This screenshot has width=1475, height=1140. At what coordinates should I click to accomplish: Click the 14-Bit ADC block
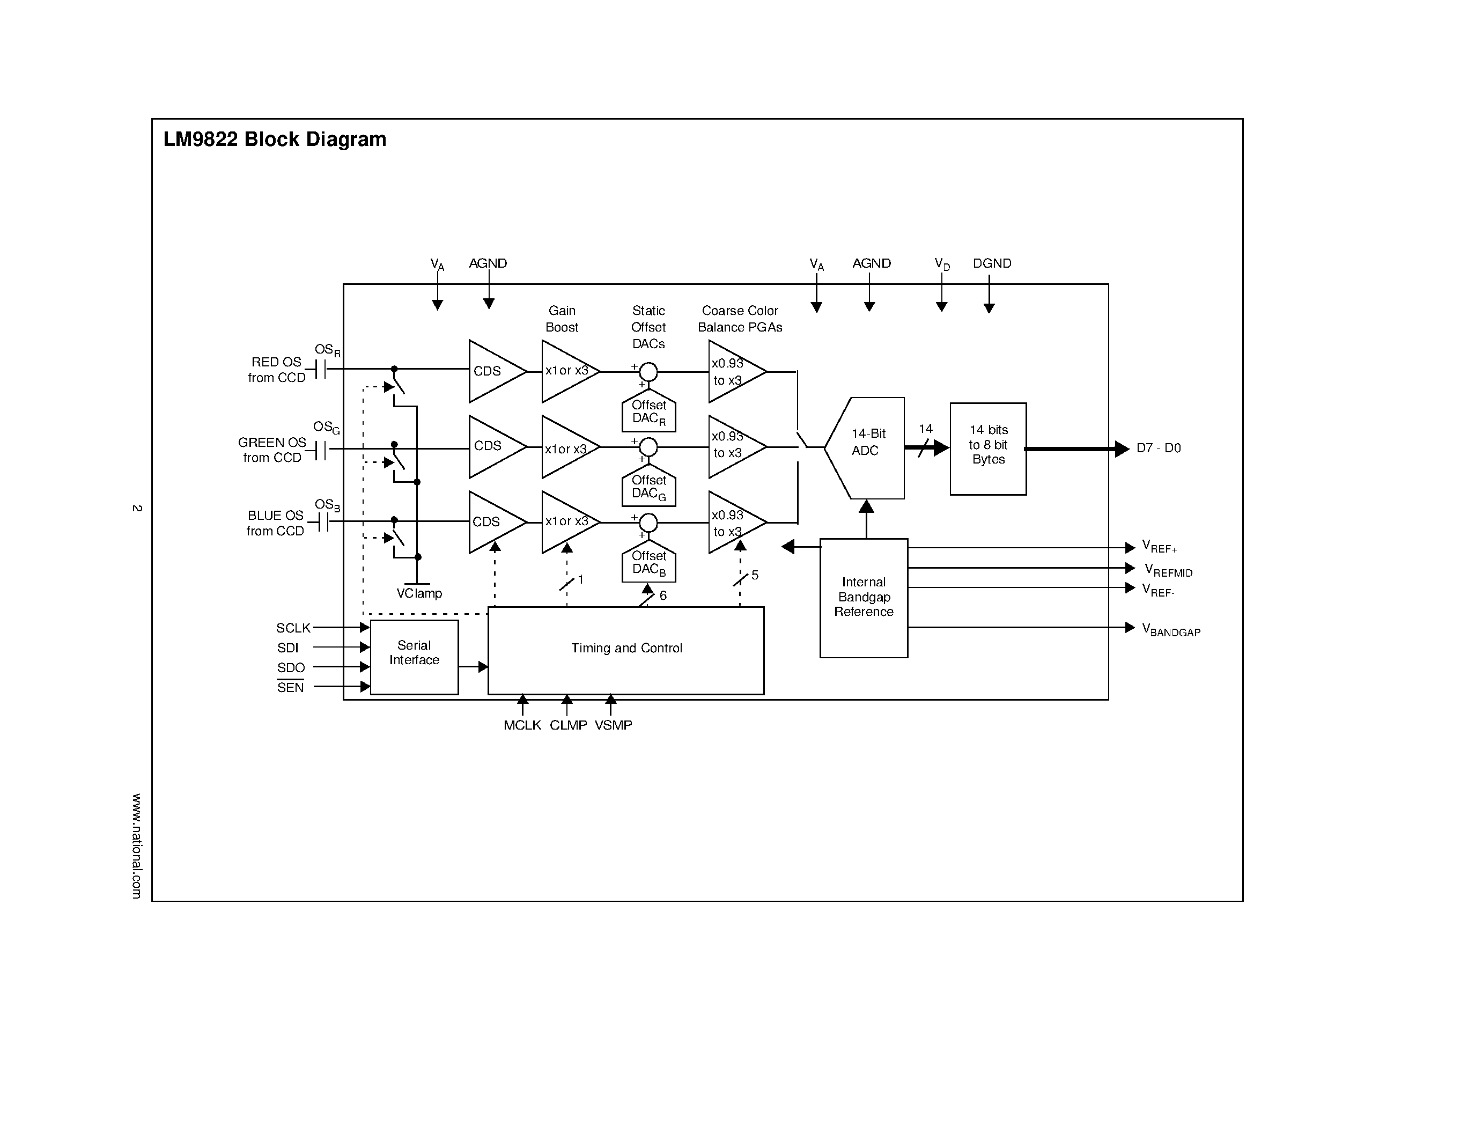tap(867, 448)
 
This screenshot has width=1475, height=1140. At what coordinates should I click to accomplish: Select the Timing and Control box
tap(626, 650)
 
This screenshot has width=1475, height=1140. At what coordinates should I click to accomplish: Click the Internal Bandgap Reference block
tap(863, 597)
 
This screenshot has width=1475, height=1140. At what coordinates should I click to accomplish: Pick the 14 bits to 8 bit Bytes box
tap(987, 448)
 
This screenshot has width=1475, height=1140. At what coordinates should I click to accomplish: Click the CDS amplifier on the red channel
tap(493, 371)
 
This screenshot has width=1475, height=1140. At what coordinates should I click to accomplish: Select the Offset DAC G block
tap(648, 486)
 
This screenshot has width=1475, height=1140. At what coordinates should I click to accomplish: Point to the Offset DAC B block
tap(648, 562)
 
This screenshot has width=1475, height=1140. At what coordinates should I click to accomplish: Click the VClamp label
tap(419, 594)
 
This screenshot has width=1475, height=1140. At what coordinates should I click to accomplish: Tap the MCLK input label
tap(522, 725)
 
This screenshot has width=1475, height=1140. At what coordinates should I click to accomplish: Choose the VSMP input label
tap(613, 725)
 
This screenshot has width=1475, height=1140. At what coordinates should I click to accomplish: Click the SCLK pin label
tap(293, 628)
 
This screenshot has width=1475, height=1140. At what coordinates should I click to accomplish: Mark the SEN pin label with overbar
tap(290, 688)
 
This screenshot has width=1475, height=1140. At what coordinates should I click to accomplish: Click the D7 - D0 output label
tap(1158, 448)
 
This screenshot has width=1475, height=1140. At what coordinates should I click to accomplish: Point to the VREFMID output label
tap(1168, 571)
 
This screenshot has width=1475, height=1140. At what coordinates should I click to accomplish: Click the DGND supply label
tap(991, 263)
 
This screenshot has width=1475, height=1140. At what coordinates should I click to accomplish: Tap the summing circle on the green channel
tap(648, 446)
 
